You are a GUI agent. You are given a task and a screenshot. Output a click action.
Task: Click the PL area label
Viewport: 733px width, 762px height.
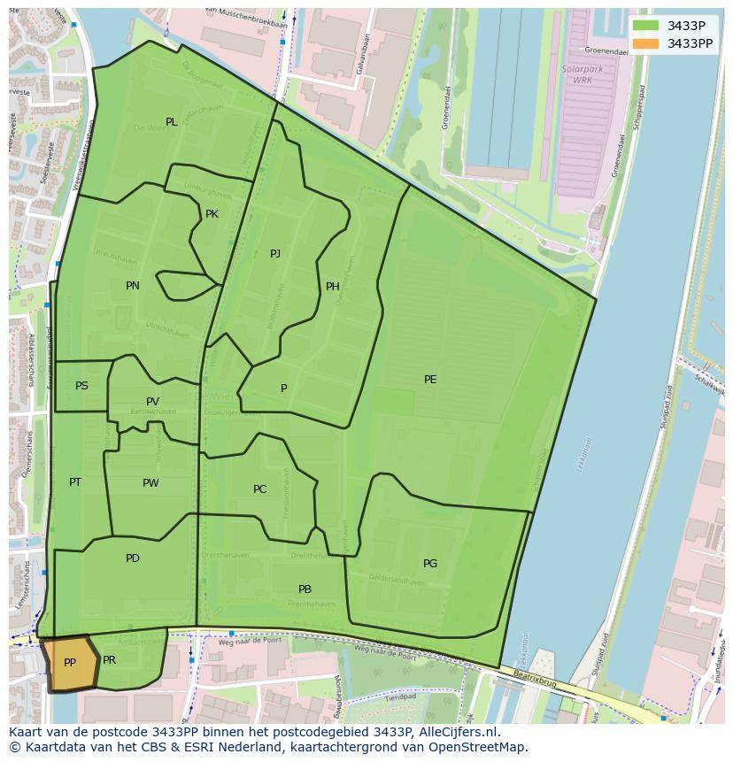[171, 122]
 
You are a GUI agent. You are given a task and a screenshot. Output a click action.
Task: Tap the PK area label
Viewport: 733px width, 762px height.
[212, 214]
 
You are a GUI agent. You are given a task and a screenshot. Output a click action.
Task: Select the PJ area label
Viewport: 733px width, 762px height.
[275, 254]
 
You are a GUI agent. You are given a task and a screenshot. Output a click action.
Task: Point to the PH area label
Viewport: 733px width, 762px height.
[333, 286]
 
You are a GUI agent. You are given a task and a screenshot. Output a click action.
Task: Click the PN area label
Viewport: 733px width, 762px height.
[133, 286]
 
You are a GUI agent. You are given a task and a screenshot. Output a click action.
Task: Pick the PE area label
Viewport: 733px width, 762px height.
[430, 380]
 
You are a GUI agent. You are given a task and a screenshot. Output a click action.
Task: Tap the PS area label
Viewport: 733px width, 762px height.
[81, 386]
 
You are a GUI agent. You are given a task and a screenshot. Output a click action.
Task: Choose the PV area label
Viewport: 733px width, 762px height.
[153, 402]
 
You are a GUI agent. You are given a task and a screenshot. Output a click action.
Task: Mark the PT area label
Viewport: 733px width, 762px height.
[75, 482]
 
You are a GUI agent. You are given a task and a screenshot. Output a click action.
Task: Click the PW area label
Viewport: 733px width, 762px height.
[150, 483]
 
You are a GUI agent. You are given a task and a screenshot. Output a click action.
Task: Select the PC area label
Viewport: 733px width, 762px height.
[259, 489]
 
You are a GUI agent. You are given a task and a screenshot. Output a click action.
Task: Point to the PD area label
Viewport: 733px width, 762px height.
[133, 558]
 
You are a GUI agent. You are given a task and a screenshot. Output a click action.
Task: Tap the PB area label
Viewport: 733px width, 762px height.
[305, 589]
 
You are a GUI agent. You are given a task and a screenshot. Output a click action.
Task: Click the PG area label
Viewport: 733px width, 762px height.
[430, 564]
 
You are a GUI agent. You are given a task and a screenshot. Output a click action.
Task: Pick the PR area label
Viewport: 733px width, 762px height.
[109, 660]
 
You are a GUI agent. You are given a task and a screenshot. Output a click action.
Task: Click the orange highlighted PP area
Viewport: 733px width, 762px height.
[69, 663]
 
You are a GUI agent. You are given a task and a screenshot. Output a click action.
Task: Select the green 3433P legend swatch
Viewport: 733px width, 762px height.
[645, 26]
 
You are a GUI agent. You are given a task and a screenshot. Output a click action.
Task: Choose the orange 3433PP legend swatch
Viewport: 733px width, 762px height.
[645, 43]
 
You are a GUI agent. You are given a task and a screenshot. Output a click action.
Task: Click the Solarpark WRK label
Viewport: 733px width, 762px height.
[576, 74]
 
